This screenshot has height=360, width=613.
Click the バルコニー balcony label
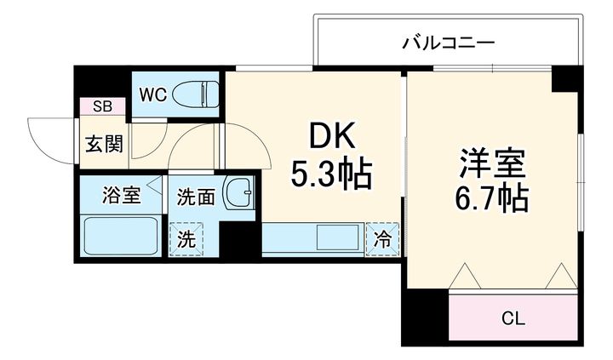[449, 41]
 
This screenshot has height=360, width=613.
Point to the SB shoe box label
[102, 106]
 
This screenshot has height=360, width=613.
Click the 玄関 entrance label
[104, 142]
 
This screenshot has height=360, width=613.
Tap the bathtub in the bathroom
[120, 233]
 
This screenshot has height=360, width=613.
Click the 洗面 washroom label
[195, 197]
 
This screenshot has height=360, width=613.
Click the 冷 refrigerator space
[383, 239]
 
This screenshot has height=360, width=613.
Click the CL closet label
[513, 319]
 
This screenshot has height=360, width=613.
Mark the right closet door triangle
[561, 275]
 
